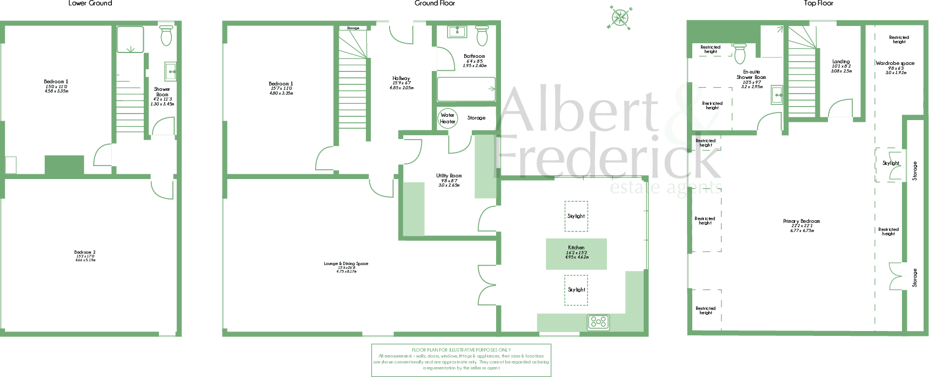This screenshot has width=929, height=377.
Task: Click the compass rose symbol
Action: pyautogui.click(x=620, y=17)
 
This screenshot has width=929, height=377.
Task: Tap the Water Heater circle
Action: pyautogui.click(x=447, y=118)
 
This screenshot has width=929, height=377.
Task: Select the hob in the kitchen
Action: pyautogui.click(x=598, y=322)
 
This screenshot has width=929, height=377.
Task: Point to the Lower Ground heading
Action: pyautogui.click(x=90, y=3)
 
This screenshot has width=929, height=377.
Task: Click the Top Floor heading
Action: pyautogui.click(x=818, y=3)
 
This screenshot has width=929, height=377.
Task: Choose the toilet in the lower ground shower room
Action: pyautogui.click(x=166, y=35)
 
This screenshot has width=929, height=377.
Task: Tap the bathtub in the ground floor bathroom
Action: pyautogui.click(x=466, y=89)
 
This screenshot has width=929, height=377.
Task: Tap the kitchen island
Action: pyautogui.click(x=576, y=254)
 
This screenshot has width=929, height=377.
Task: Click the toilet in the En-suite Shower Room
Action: pyautogui.click(x=740, y=54)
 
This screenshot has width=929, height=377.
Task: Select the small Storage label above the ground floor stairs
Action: pyautogui.click(x=353, y=28)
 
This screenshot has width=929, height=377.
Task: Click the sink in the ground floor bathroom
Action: pyautogui.click(x=457, y=31)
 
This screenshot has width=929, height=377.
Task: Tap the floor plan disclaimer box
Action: pyautogui.click(x=461, y=360)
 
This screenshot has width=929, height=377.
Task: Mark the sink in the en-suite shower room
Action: pyautogui.click(x=777, y=95)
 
